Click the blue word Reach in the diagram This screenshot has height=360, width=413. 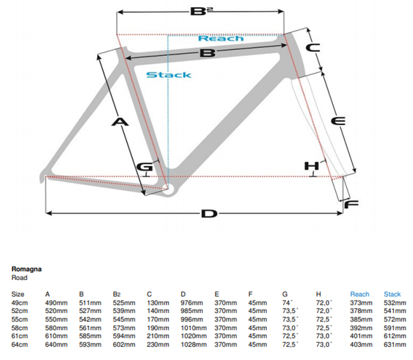coord(220,38)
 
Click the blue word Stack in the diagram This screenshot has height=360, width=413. coord(168,75)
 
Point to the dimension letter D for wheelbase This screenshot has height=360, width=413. coord(208,213)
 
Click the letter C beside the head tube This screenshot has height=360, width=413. coord(313,47)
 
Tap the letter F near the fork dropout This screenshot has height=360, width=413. coord(351,204)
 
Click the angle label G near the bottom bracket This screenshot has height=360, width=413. coord(145,166)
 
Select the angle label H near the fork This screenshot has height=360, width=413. coord(310,166)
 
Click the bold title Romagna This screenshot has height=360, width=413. coord(27,269)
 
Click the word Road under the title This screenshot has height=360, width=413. coord(20,277)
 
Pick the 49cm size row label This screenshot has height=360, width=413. coord(20,302)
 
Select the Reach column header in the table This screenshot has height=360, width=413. coord(360,294)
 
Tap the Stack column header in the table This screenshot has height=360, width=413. coord(392,294)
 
